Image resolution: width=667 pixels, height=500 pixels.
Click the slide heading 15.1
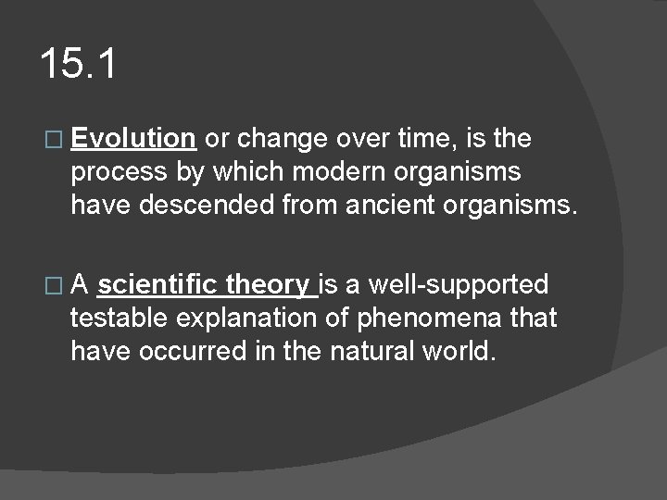79,65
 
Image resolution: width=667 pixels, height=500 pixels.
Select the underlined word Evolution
132,139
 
